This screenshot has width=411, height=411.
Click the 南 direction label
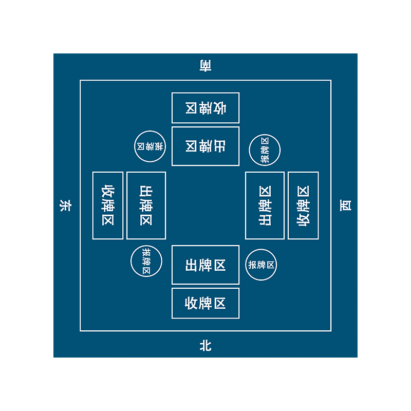206,66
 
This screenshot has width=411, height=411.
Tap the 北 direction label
206,345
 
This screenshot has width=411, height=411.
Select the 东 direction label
66,206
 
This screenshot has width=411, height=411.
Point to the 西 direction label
345,206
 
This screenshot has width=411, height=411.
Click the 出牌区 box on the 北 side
206,265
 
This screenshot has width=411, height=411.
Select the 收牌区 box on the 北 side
206,303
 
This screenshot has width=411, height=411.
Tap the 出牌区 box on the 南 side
206,146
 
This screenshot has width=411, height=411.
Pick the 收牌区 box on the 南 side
206,108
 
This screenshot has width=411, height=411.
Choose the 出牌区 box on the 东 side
146,206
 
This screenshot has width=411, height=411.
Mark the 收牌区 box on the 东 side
108,206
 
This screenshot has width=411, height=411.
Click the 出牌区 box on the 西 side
265,206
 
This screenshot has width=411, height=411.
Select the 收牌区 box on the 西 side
303,206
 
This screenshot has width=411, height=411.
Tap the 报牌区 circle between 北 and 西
261,265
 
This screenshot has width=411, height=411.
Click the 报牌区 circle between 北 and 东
146,261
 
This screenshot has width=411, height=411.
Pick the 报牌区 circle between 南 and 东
150,146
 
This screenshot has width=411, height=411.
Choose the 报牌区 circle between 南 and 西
265,150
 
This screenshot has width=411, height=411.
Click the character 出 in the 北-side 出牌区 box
192,265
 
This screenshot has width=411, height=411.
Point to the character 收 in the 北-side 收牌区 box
192,303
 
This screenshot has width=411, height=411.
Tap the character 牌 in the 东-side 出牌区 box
146,206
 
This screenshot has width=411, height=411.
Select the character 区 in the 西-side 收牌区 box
303,192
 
